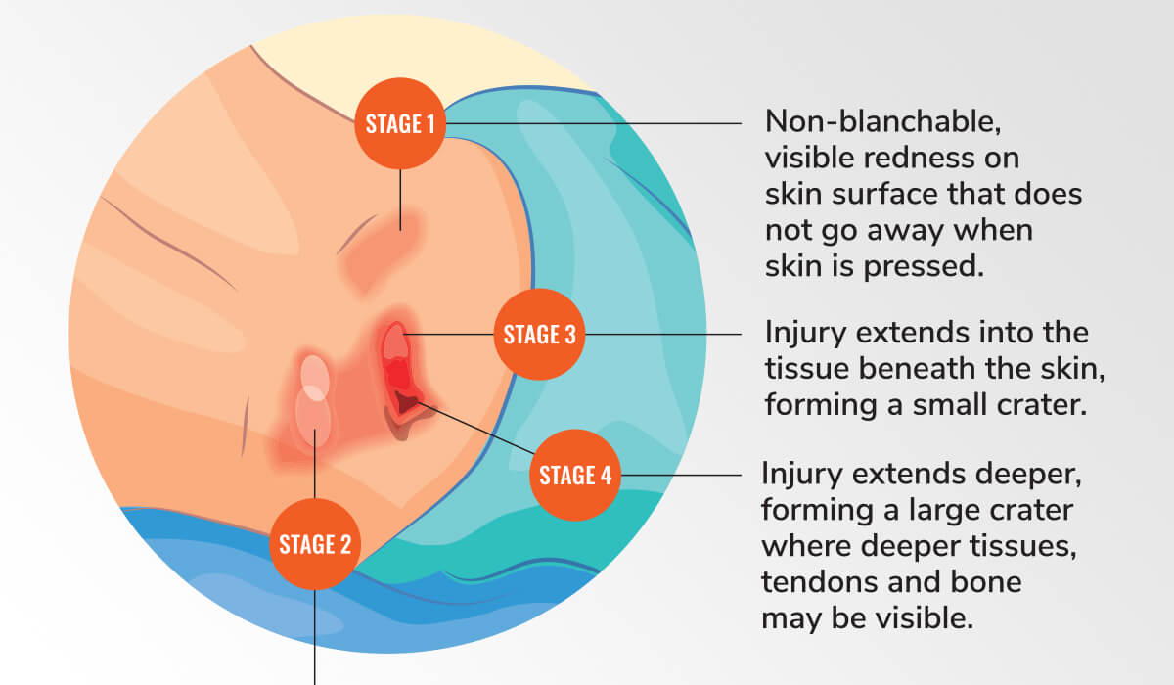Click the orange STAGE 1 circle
400,123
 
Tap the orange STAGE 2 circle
315,544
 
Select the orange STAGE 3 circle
539,335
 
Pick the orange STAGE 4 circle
575,475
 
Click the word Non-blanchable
883,122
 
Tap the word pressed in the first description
924,267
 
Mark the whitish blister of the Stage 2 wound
313,401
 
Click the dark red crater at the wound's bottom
407,401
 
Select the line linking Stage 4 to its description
681,475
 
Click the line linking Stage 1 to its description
594,123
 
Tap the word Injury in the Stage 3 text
805,334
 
